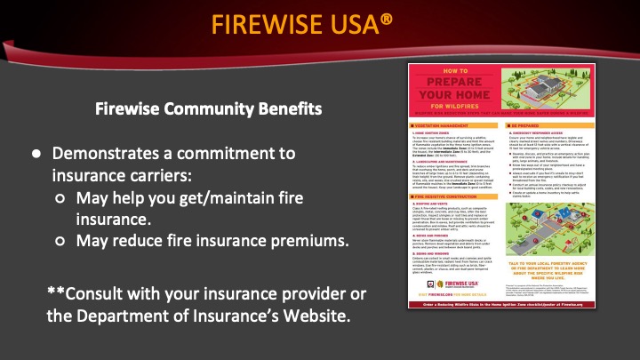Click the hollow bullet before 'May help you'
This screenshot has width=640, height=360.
63,197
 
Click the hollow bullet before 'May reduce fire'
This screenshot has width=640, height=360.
63,240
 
